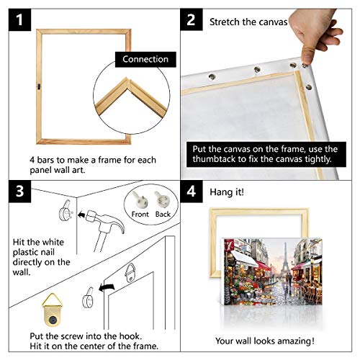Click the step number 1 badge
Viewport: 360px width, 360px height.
pos(19,19)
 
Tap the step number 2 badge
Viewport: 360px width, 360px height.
pos(191,19)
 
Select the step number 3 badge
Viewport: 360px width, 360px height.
pos(19,192)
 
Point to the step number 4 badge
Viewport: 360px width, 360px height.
pos(191,192)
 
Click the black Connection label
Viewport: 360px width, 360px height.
pos(145,59)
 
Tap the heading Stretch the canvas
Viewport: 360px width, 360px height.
pos(248,22)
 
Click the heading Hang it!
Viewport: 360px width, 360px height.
pos(227,192)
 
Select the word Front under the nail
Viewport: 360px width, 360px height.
pos(140,214)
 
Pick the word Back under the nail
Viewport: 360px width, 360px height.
pos(163,214)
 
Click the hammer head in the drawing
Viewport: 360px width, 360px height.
pos(106,221)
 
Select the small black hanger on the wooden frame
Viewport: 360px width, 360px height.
pos(39,86)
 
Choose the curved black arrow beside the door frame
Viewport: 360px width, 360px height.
pos(107,287)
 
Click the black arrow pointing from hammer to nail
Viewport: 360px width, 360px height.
pos(81,215)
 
